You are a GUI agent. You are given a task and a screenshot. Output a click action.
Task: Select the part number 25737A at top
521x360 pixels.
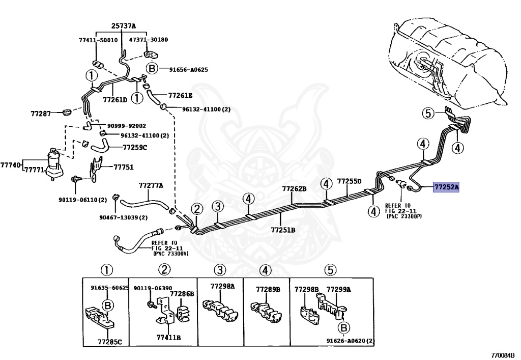[124, 25]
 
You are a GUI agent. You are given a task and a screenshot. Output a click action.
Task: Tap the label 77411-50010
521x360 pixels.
[98, 40]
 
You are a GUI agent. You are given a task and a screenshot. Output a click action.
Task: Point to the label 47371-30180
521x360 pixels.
[149, 40]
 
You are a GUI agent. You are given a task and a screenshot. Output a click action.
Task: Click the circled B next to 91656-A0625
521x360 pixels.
[152, 69]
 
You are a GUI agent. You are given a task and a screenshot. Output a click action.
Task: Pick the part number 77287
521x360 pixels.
[41, 114]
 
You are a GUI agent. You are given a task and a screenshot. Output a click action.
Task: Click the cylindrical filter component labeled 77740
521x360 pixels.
[53, 164]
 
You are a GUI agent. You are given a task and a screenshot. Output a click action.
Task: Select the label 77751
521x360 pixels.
[124, 167]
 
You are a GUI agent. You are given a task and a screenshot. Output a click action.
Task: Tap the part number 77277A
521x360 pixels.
[151, 185]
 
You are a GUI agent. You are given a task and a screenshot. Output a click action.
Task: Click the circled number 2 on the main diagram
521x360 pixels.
[197, 209]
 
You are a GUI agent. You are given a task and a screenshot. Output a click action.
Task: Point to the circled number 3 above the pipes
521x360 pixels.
[218, 207]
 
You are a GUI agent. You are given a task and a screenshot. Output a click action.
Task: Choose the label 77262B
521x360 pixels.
[295, 189]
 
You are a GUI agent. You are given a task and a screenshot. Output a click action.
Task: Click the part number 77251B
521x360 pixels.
[283, 230]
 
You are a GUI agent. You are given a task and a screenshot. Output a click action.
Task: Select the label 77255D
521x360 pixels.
[349, 181]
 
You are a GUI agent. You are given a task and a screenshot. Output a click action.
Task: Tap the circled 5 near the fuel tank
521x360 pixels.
[428, 114]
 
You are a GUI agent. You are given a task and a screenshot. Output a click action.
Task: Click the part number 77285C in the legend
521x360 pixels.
[110, 341]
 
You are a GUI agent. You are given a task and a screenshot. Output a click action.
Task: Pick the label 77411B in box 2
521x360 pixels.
[168, 338]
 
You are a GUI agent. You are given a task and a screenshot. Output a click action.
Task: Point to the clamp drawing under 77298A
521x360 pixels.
[220, 309]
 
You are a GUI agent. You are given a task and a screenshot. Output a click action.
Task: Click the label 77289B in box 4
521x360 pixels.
[268, 290]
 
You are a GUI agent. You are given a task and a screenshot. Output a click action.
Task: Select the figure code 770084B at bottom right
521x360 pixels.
[505, 355]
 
